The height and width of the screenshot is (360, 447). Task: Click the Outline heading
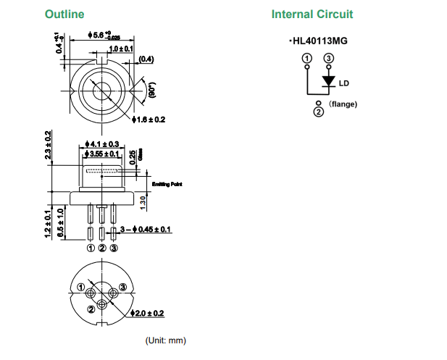(64, 14)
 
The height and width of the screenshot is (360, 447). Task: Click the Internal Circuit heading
(312, 14)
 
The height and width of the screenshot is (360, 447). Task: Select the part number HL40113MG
(319, 41)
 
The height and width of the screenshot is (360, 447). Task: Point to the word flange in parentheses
(343, 104)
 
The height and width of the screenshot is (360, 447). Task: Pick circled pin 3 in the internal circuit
(329, 57)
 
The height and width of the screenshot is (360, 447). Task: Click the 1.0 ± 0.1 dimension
(121, 49)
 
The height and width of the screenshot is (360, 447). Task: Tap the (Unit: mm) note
(166, 340)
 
